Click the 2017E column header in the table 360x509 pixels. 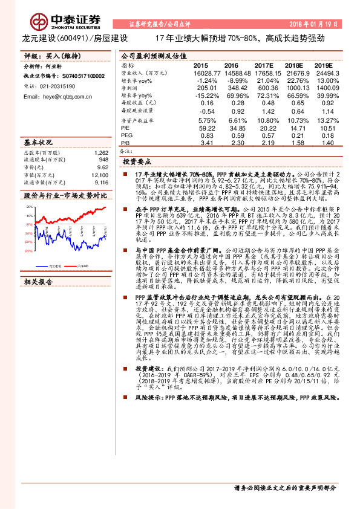click(264, 65)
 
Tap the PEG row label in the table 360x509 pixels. click(128, 136)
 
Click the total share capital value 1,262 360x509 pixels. click(101, 154)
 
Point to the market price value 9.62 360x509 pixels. click(103, 167)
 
